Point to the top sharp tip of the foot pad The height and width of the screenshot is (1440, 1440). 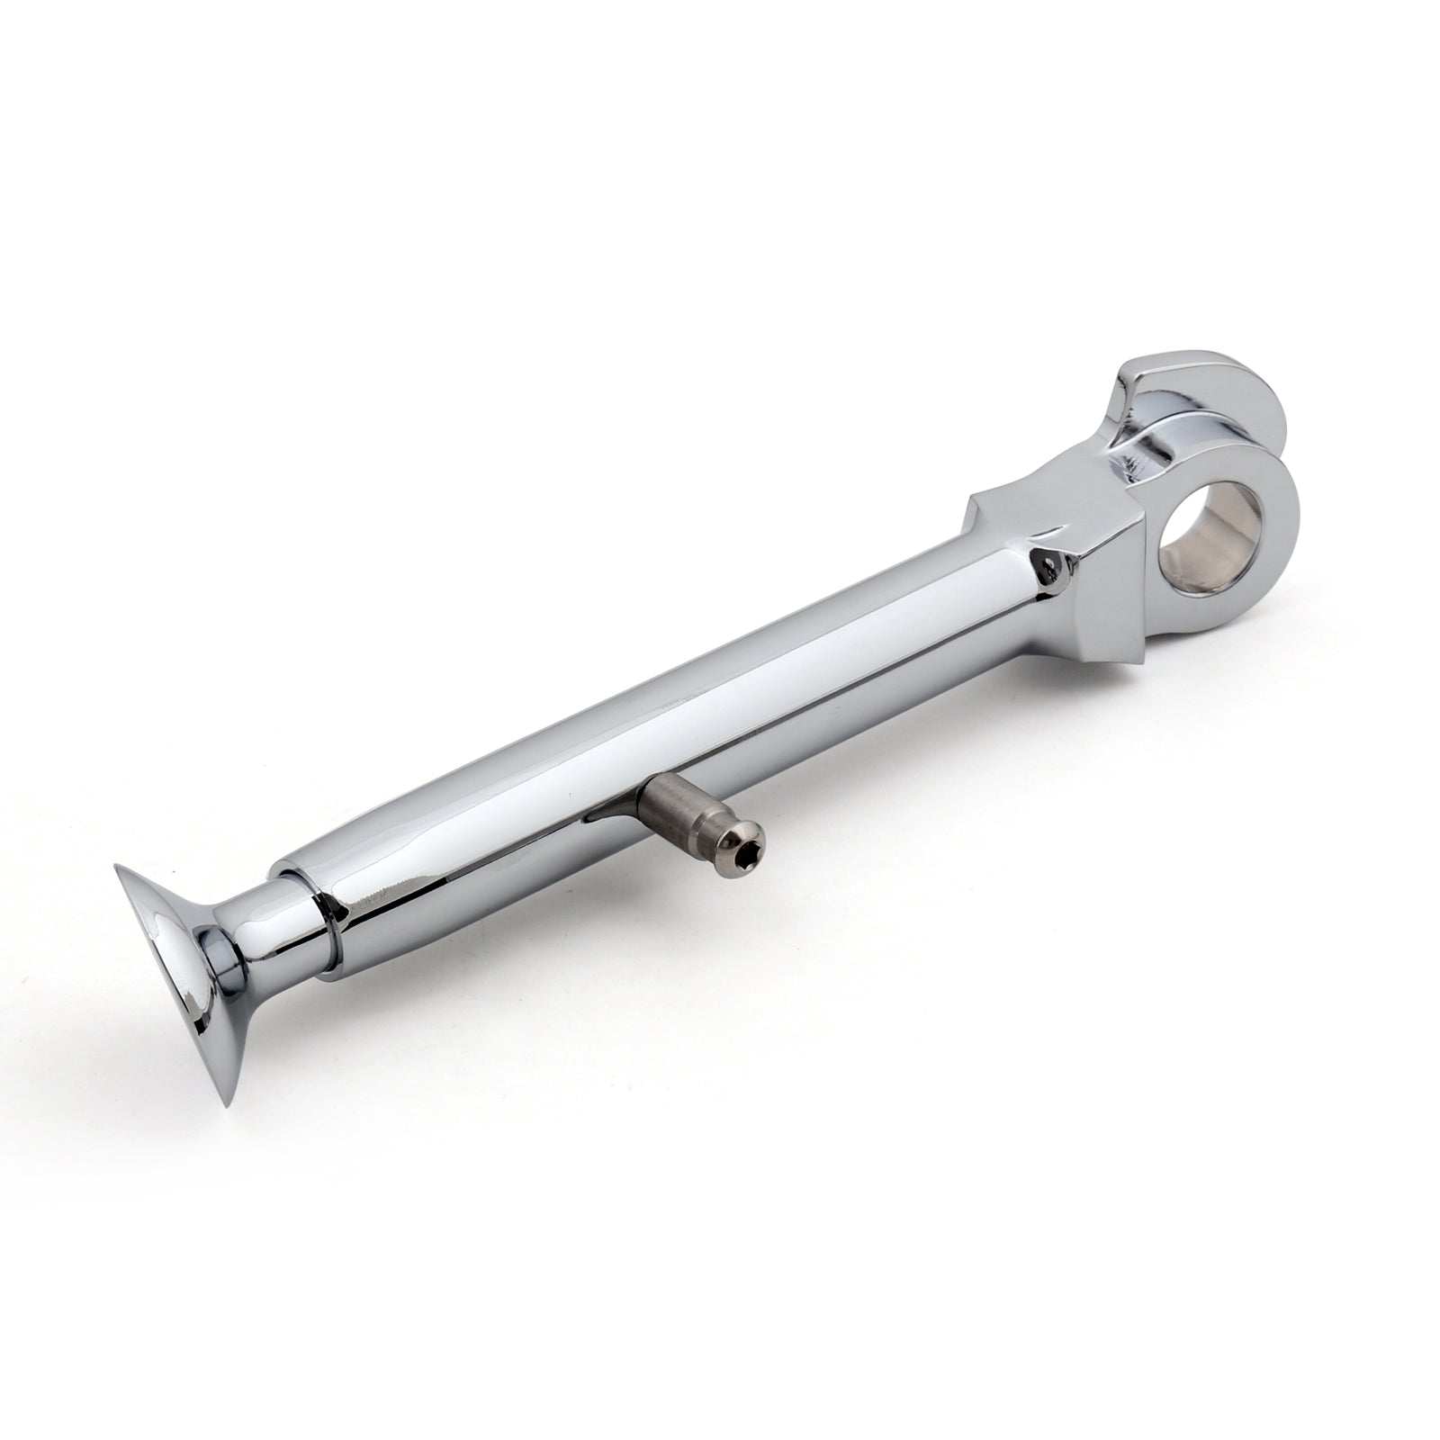(117, 868)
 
